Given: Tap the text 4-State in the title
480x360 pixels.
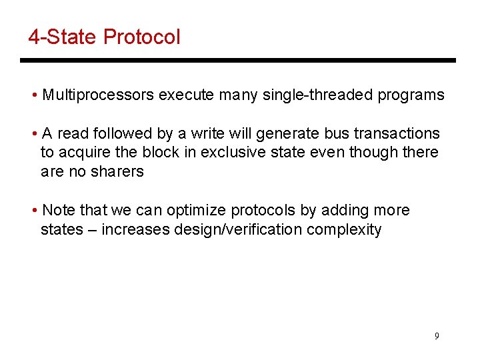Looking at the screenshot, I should (x=63, y=37).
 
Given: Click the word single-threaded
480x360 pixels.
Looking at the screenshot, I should (x=318, y=95).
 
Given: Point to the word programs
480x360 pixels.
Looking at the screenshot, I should (x=411, y=95).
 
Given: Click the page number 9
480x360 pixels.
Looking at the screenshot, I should (x=437, y=336).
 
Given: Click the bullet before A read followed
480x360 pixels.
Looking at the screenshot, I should (x=34, y=134).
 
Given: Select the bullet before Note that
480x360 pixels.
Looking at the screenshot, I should (x=34, y=211).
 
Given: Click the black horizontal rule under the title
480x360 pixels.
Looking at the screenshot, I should (x=237, y=60).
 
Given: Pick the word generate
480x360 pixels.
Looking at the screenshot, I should (x=295, y=133).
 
